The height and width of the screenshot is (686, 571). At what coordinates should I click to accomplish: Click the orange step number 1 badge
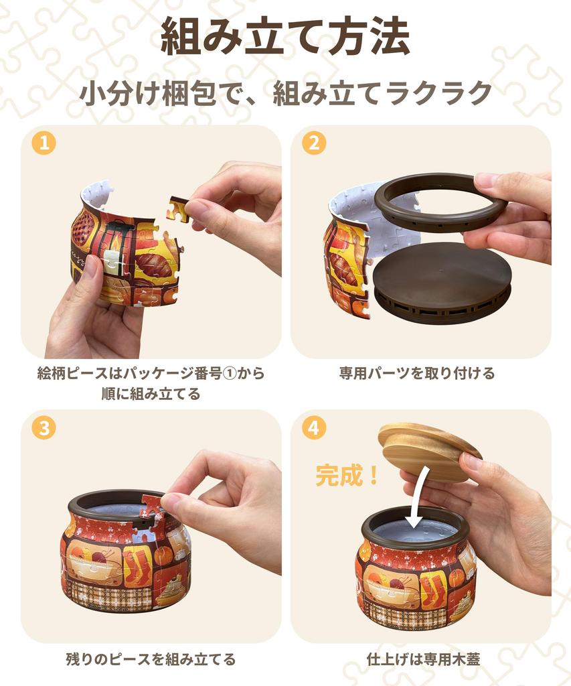tap(44, 143)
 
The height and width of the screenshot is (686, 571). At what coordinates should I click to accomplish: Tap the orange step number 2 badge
tap(314, 143)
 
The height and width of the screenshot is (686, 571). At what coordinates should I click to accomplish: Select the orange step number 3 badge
tap(44, 427)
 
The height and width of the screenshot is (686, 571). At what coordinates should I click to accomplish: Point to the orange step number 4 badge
tap(314, 427)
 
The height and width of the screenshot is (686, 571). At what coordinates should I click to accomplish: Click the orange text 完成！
tap(347, 476)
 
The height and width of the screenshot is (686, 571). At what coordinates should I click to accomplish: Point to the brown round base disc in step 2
tap(442, 282)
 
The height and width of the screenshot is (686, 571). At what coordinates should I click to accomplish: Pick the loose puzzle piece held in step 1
tap(178, 208)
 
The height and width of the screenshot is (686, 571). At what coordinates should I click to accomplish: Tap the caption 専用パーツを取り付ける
tap(417, 373)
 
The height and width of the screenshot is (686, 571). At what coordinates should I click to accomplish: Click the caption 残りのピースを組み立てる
tap(151, 659)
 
